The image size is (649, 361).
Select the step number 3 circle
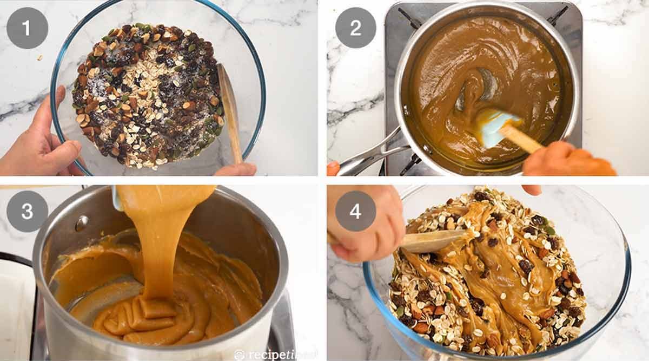[27, 211]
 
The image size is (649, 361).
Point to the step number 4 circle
[355, 211]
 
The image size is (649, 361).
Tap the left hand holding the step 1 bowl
[41, 141]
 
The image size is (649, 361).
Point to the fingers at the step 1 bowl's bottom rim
[235, 170]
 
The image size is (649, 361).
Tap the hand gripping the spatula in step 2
[568, 161]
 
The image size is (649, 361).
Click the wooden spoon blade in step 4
[433, 241]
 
